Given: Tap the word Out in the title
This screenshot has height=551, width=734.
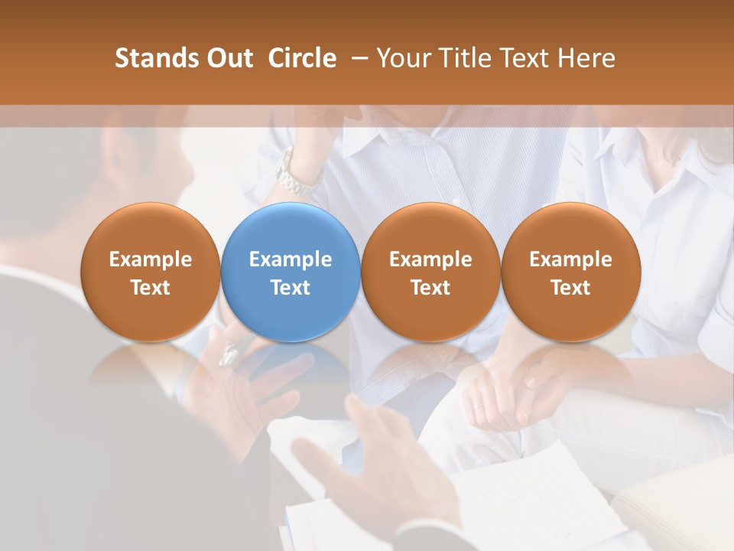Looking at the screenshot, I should [225, 58].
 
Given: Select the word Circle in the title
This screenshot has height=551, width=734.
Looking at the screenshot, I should [302, 58].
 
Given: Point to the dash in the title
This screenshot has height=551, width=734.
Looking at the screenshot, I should [356, 58].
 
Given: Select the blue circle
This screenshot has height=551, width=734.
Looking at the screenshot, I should [291, 272].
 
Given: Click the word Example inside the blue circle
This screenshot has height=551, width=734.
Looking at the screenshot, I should [291, 259].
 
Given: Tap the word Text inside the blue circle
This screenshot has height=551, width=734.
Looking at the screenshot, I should [291, 288].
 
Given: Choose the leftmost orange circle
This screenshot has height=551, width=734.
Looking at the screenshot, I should [151, 272].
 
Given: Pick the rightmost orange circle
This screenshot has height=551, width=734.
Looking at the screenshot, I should [570, 272].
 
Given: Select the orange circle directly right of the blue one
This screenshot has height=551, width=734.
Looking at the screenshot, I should [430, 272].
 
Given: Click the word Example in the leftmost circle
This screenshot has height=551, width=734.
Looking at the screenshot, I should [151, 259].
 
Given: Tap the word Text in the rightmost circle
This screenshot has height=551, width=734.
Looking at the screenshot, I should [570, 288].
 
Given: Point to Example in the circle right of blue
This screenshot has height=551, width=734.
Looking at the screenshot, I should [430, 259].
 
